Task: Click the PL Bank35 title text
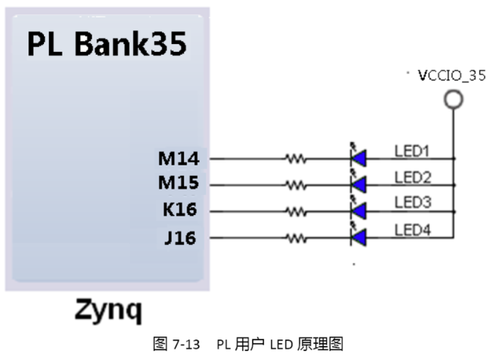point(107,45)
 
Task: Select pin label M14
point(178,159)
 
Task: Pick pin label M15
point(178,185)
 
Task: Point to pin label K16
point(179,211)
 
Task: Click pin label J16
point(180,236)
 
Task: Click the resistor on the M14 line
point(295,159)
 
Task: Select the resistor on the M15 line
point(295,185)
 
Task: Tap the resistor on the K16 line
point(295,211)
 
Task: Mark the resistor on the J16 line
point(295,237)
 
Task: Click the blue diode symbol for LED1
point(358,158)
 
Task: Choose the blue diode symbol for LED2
point(358,185)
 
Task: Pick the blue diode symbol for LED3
point(358,211)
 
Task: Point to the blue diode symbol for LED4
point(358,236)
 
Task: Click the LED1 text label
point(413,151)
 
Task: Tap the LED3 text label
point(413,202)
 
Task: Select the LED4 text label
point(413,229)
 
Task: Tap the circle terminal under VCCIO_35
point(453,99)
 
